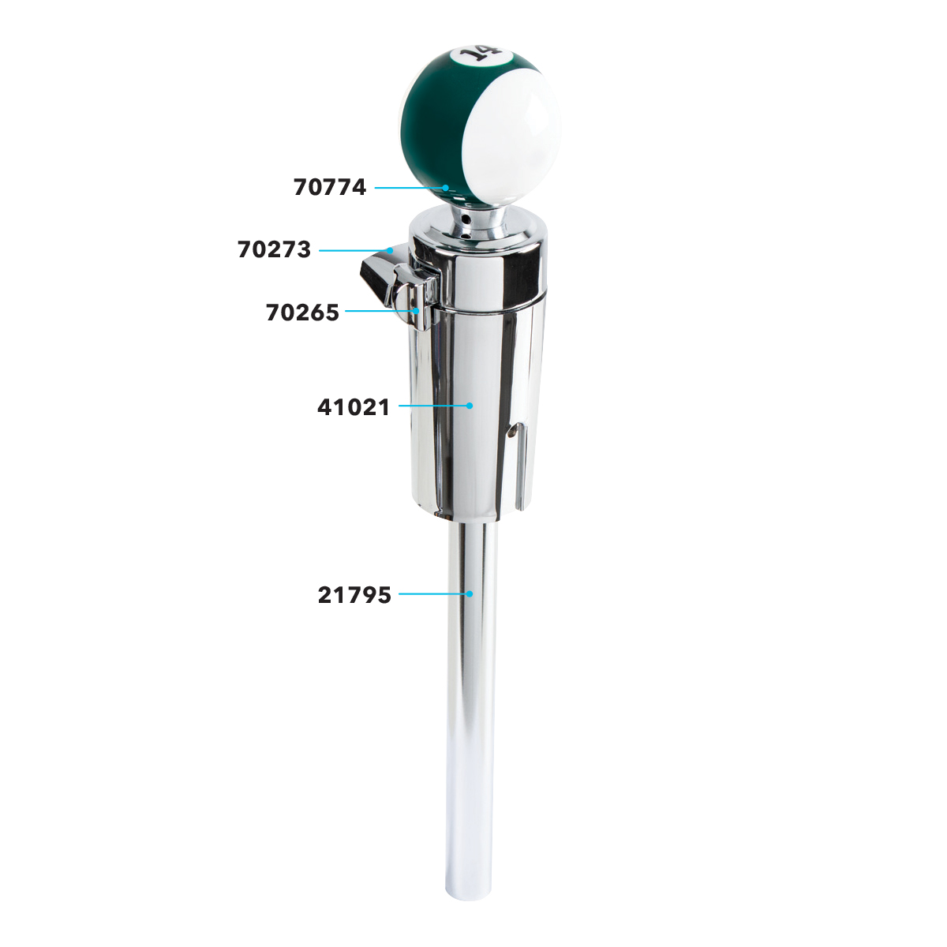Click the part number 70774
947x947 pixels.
point(330,187)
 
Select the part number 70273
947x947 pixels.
point(274,249)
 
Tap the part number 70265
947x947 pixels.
point(302,313)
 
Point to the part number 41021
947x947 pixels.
point(354,407)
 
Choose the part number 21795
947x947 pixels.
point(354,595)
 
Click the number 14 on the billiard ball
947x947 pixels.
point(480,54)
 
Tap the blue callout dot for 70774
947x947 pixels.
point(445,188)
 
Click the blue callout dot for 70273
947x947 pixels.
point(390,250)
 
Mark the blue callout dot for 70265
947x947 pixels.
point(416,311)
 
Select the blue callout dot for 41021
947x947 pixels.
point(470,406)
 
